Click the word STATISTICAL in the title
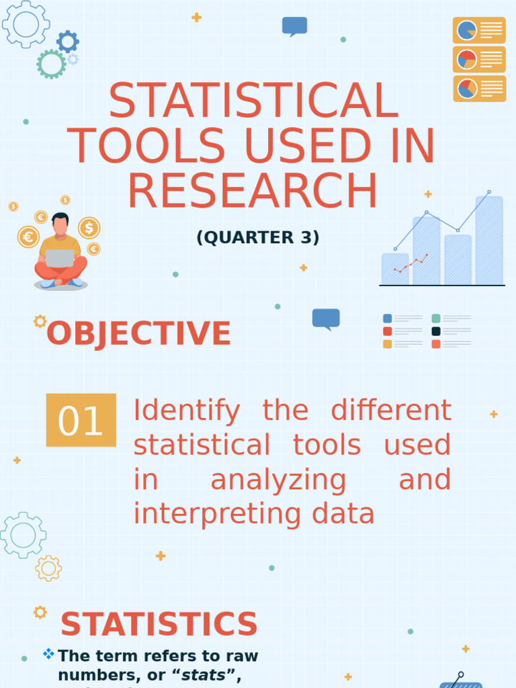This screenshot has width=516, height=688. click(x=253, y=101)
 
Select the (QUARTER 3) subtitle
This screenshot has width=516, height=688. click(x=257, y=237)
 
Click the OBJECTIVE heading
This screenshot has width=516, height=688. click(x=138, y=334)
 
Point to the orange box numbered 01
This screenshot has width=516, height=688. click(x=81, y=421)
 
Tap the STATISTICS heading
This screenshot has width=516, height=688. click(x=159, y=625)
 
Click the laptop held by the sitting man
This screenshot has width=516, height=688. click(x=60, y=258)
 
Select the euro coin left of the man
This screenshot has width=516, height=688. click(x=28, y=236)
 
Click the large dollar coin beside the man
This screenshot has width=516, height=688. click(x=89, y=228)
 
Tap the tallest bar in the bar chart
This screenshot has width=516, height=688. click(x=489, y=241)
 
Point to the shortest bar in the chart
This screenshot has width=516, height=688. click(x=395, y=269)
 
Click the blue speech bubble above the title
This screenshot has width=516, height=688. click(x=294, y=26)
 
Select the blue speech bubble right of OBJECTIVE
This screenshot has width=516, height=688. click(x=326, y=318)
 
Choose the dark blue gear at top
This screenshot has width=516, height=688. click(x=67, y=42)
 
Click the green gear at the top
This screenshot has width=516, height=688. click(x=51, y=64)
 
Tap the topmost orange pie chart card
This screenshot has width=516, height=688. click(x=479, y=30)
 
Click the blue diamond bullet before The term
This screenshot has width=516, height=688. click(x=48, y=653)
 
